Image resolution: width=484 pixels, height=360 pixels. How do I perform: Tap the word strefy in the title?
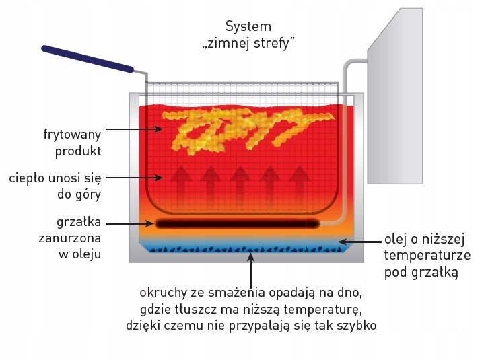(x=275, y=43)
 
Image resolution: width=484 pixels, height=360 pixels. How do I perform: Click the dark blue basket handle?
(x=88, y=59)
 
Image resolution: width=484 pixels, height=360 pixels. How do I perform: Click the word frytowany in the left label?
(x=71, y=133)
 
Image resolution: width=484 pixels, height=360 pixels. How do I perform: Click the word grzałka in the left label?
(x=79, y=222)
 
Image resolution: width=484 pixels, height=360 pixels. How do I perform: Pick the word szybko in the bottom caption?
(x=357, y=326)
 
